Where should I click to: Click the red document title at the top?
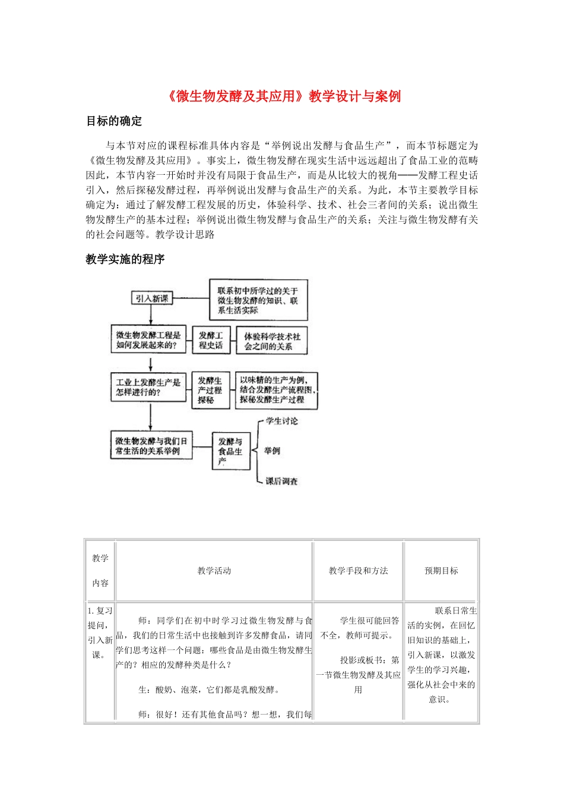[282, 96]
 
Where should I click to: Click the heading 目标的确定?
[114, 121]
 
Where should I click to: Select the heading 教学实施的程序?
[125, 259]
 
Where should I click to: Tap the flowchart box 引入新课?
[151, 298]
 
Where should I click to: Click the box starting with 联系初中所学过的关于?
[258, 300]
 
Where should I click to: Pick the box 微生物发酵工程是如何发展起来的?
[148, 340]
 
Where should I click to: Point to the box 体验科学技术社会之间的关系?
[272, 341]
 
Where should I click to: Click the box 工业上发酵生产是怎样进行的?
[148, 387]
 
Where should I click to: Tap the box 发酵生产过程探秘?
[210, 390]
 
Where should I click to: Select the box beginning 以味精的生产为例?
[277, 390]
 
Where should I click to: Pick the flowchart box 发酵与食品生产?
[231, 451]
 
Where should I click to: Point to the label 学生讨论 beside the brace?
[282, 421]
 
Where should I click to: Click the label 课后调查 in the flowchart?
[281, 481]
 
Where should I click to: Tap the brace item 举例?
[273, 451]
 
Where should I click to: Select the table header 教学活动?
[214, 571]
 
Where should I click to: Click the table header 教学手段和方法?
[358, 571]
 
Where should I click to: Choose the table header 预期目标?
[441, 571]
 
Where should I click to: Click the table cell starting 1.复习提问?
[100, 633]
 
